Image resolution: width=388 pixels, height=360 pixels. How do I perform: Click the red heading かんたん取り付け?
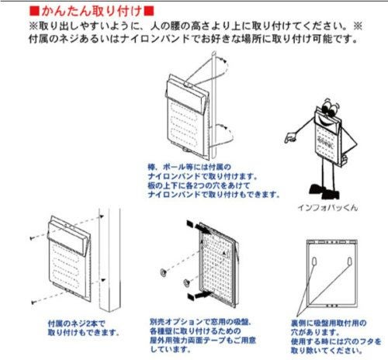coord(92,12)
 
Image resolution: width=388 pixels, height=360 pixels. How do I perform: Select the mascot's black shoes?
coord(324,189)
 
